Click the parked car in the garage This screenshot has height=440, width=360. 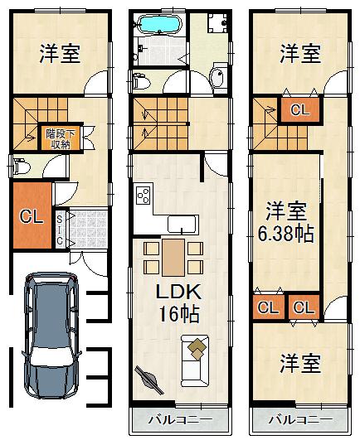click(x=51, y=336)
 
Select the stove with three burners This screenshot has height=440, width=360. click(x=143, y=197)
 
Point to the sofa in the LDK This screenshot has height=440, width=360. click(x=196, y=361)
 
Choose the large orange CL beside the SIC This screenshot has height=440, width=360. click(x=32, y=218)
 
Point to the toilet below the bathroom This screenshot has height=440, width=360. click(x=141, y=82)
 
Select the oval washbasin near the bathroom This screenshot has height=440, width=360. click(x=217, y=79)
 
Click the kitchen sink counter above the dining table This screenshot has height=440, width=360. click(x=182, y=224)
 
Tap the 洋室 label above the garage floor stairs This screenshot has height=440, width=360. click(x=59, y=54)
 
